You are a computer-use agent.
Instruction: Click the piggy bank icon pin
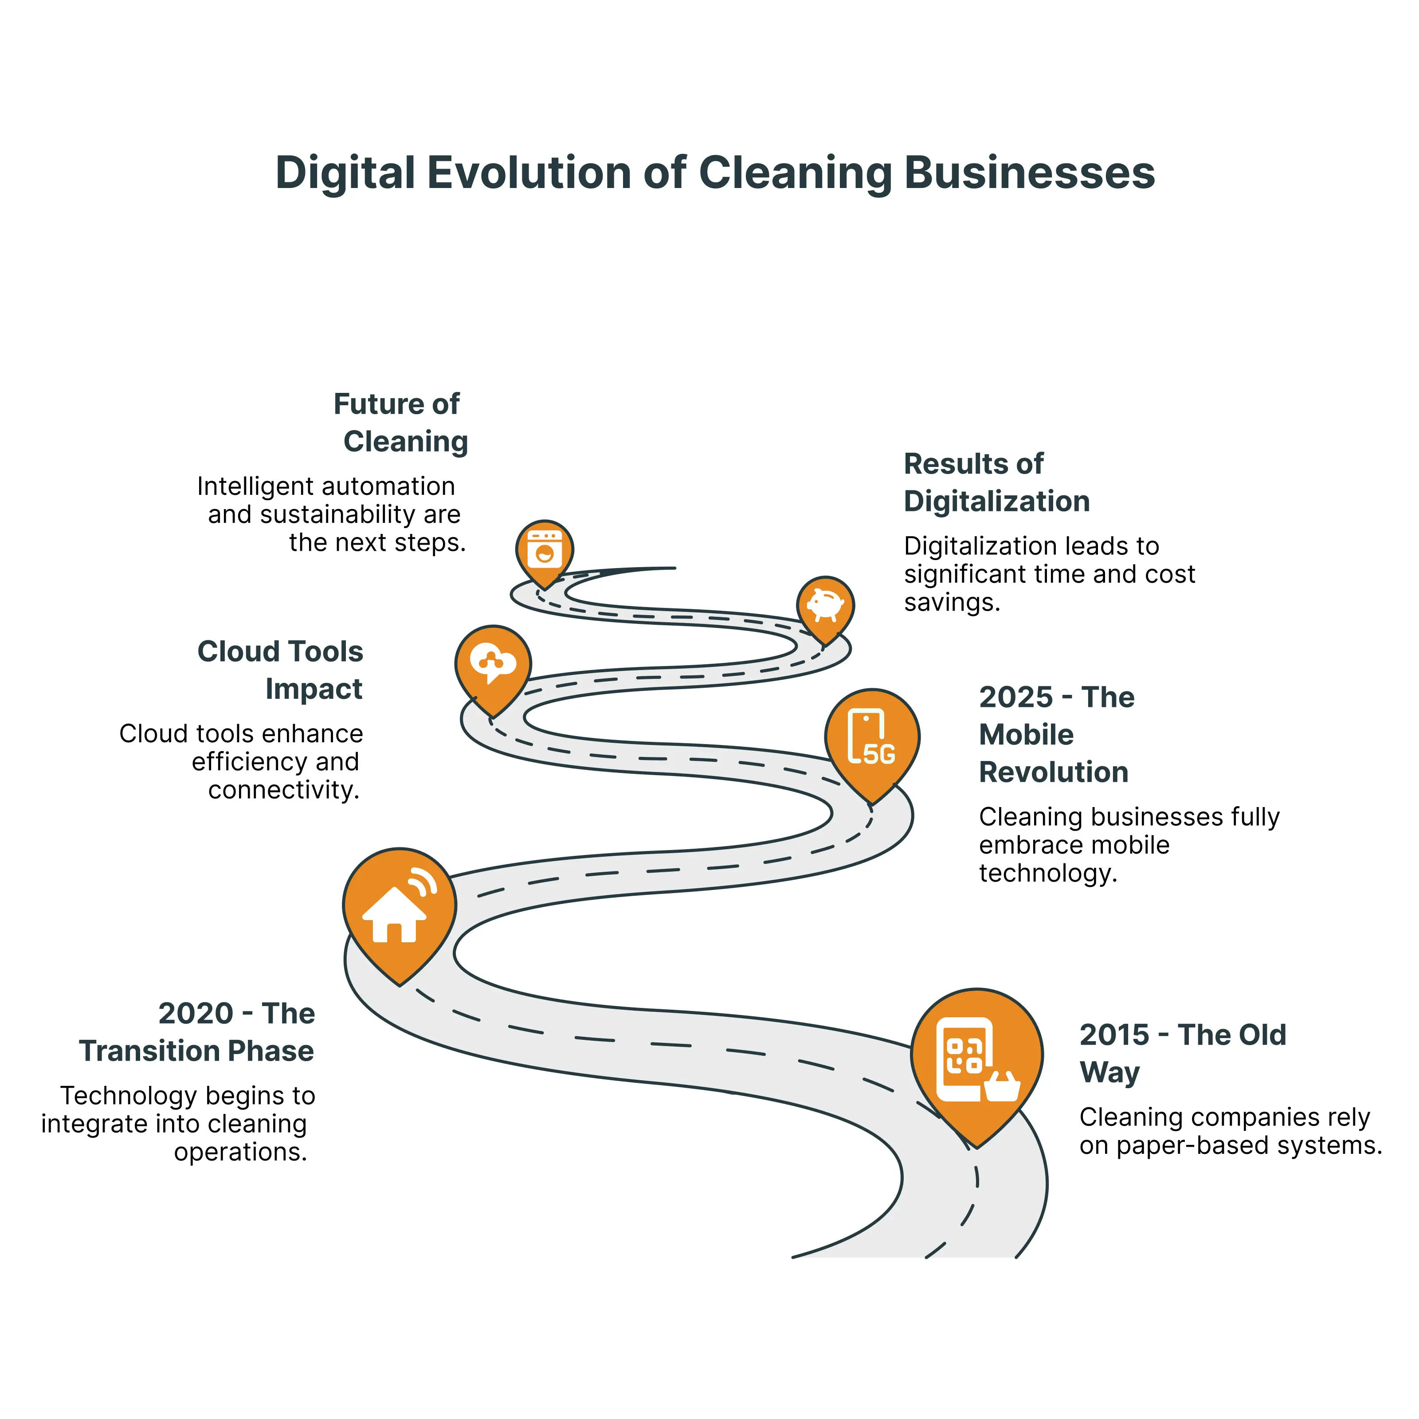826,606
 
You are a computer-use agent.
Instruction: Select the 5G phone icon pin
872,738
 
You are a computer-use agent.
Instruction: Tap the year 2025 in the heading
1016,697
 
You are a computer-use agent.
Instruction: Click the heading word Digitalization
997,502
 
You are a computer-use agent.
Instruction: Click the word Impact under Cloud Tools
314,689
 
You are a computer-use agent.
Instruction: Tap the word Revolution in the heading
1053,772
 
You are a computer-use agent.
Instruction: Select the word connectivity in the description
283,790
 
